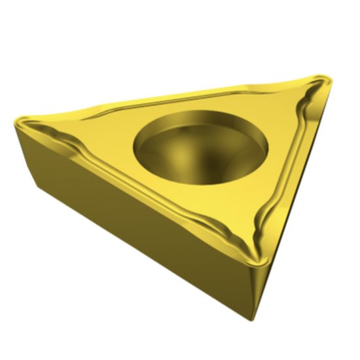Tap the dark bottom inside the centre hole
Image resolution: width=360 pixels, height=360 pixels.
click(x=196, y=160)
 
